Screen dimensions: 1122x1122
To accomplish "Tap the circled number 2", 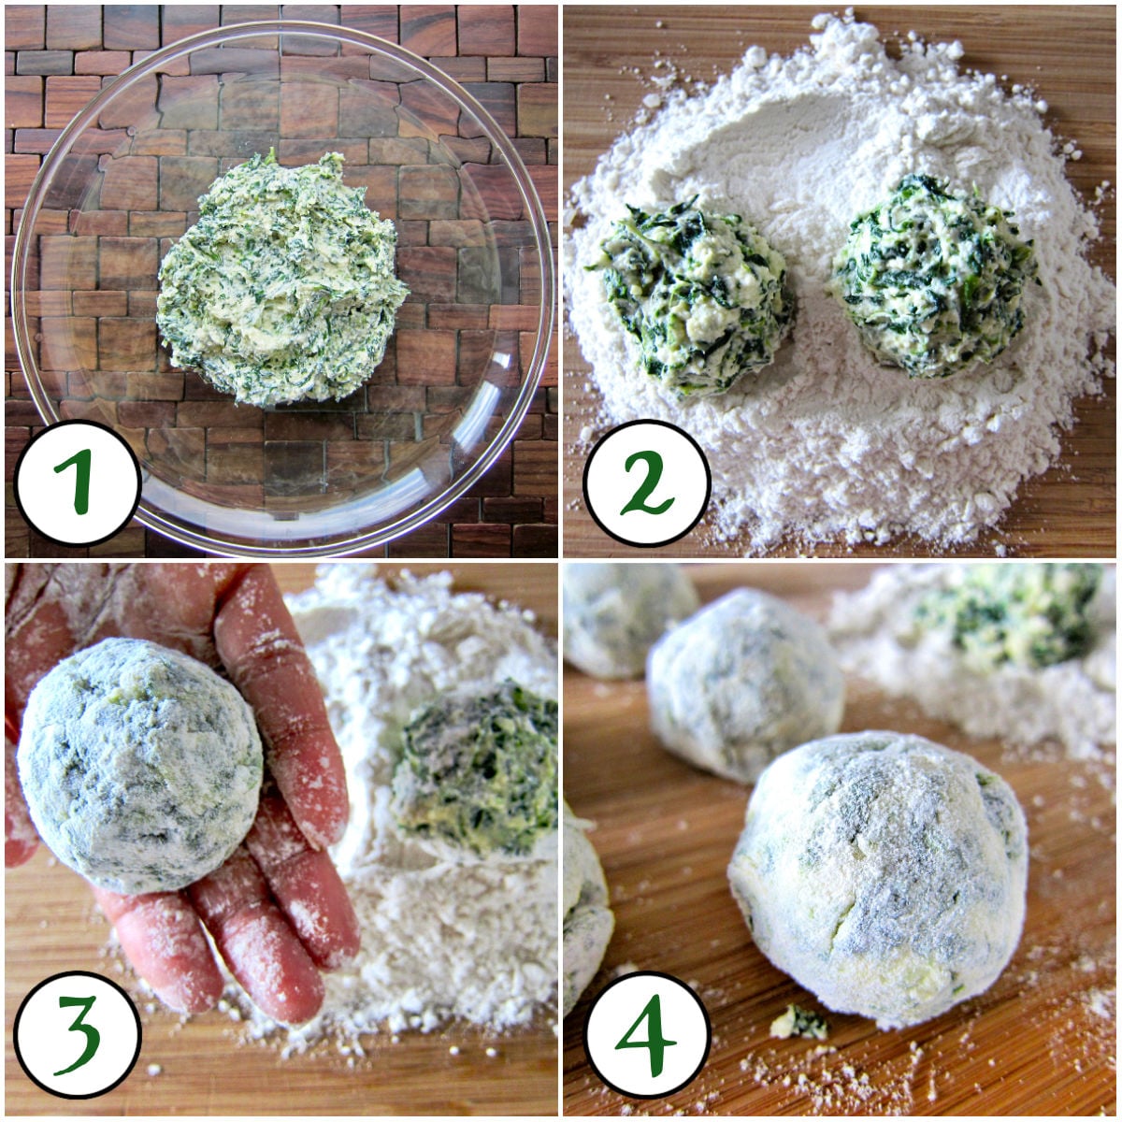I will (x=647, y=482).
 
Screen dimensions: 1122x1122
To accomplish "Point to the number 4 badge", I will (x=647, y=1034).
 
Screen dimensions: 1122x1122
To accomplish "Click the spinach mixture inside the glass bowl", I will (x=280, y=280).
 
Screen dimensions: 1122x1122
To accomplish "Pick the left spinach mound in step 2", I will (x=697, y=295).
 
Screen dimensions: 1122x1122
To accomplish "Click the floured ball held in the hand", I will (x=140, y=762).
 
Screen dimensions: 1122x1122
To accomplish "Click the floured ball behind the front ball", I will (x=743, y=683).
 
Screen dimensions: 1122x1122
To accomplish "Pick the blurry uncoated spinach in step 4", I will (x=1010, y=612).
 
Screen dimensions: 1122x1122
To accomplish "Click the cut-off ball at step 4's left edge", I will (x=584, y=916).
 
